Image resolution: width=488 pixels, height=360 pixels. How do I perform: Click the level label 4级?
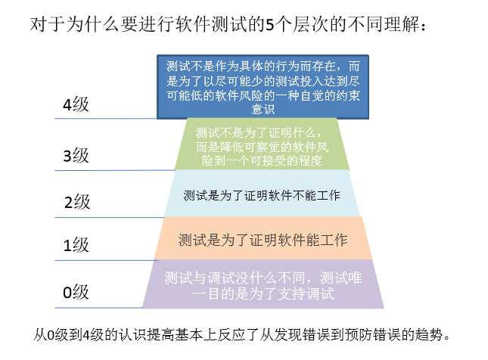tap(76, 106)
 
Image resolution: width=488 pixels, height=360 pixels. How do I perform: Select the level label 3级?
tap(76, 157)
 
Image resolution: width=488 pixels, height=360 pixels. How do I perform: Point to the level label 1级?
tap(76, 245)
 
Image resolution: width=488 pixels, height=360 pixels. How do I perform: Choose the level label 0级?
tap(76, 292)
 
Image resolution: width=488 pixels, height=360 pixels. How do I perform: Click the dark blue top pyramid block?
tap(263, 86)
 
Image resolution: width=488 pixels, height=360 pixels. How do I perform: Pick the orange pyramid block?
tap(263, 240)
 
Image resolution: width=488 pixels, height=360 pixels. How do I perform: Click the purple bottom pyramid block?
tap(263, 284)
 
